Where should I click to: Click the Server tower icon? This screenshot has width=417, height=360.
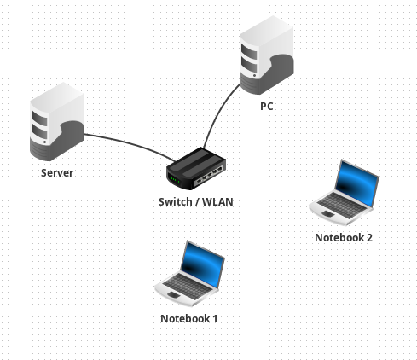57,122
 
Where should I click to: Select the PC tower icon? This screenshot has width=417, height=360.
266,55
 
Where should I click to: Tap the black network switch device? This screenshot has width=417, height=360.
196,168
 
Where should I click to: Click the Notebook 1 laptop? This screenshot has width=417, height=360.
189,274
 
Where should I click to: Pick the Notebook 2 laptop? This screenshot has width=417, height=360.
344,193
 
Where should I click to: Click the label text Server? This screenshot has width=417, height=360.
57,173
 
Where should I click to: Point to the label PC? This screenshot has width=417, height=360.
267,107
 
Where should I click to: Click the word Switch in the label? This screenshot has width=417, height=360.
176,202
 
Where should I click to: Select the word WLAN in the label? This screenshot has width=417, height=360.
217,202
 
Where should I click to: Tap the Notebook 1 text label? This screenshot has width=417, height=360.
189,319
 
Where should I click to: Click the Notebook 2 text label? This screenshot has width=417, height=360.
344,238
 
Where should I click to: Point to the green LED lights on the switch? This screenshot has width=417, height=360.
175,180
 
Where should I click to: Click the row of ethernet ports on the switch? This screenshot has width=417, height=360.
209,175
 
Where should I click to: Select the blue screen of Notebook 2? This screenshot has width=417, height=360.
357,183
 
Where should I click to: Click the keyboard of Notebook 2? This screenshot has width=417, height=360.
341,203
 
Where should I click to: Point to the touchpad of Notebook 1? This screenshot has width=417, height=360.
174,294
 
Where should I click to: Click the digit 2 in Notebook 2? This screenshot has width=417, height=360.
369,238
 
